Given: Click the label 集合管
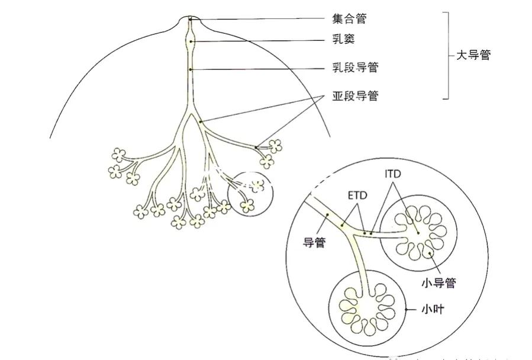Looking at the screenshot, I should [x=349, y=19].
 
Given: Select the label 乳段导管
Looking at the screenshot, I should [x=354, y=68].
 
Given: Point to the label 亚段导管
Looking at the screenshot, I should [x=354, y=95].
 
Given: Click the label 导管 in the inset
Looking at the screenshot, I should [x=314, y=242].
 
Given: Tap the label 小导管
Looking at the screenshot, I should [x=439, y=282].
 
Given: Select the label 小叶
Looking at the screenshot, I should [x=429, y=309].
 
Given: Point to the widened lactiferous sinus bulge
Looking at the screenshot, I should [x=191, y=41].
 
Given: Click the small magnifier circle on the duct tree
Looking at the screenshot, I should [x=251, y=192].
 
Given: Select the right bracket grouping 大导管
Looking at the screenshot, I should [x=447, y=56].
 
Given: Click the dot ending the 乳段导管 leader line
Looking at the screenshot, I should [x=191, y=69].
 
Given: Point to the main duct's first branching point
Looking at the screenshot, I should [x=191, y=112].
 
